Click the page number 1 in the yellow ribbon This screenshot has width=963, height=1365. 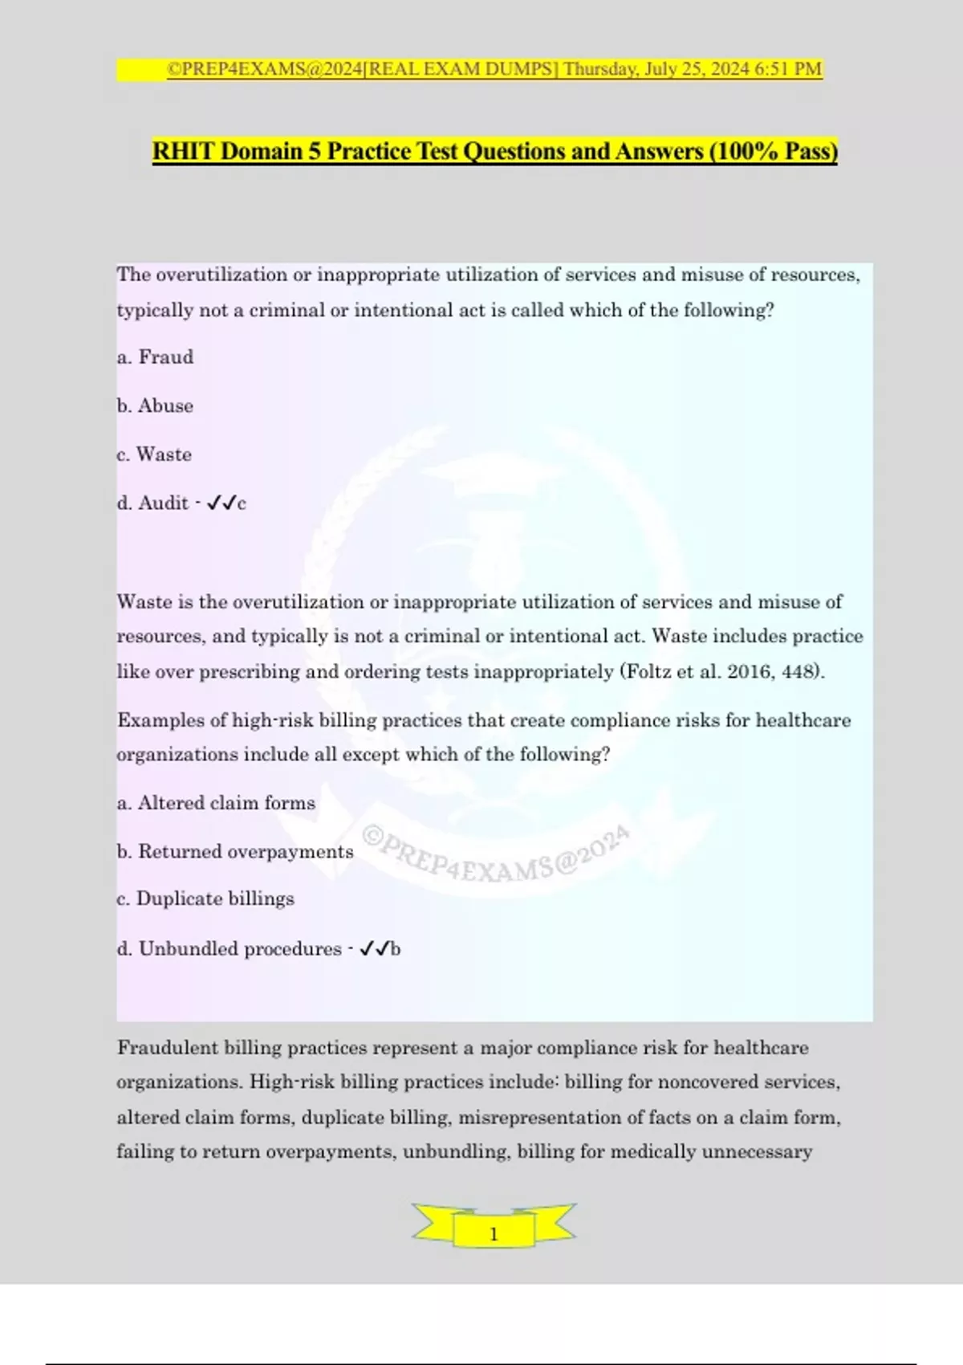coord(494,1234)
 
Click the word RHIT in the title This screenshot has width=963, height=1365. coord(184,151)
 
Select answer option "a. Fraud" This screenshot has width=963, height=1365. coord(155,357)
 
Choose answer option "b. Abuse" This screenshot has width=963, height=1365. coord(155,406)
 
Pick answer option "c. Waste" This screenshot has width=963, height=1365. coord(154,454)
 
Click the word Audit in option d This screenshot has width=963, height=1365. coord(164,503)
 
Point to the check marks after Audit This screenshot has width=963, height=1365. coord(221,503)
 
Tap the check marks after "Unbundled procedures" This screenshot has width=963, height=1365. coord(375,949)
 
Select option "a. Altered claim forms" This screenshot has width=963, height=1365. coord(216,803)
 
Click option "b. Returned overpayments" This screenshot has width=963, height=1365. coord(235,852)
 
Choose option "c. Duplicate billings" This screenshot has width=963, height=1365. coord(205,898)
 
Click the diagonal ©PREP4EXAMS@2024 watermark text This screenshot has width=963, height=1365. coord(495,853)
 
